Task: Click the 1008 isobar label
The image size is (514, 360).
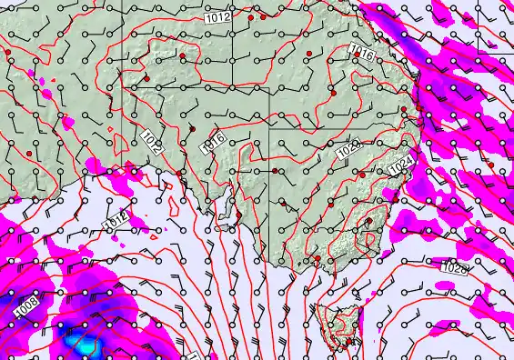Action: (26, 311)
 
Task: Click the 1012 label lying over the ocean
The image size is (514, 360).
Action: (115, 221)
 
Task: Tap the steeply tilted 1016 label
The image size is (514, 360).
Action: (215, 141)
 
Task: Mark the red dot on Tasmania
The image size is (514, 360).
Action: (349, 342)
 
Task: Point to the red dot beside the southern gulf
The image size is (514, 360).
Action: (239, 215)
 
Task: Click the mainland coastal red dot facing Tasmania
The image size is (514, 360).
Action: (317, 259)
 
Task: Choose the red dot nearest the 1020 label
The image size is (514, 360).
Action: (362, 175)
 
